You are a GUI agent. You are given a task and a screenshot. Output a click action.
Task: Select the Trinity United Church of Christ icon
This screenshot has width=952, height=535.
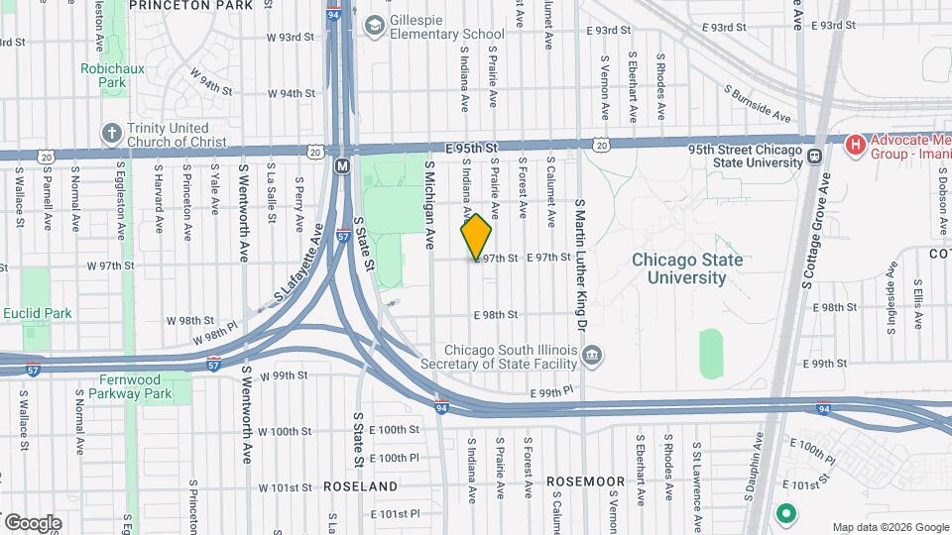pos(111,133)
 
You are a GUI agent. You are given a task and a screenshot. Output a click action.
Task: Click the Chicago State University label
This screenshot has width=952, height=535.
pos(687,268)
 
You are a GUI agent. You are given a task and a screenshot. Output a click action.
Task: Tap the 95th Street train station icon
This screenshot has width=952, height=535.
pos(814,156)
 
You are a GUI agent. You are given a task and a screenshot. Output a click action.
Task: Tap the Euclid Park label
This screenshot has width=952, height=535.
pos(37,313)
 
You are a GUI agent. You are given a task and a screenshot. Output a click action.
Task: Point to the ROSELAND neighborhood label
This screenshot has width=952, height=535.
pos(361,486)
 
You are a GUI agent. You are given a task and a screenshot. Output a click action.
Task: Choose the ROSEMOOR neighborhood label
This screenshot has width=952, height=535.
pos(586,481)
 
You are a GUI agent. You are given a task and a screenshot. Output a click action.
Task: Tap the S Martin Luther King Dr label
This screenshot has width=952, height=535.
pos(581,263)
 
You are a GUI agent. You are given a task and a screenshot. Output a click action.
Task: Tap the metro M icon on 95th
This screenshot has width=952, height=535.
pos(342,165)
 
